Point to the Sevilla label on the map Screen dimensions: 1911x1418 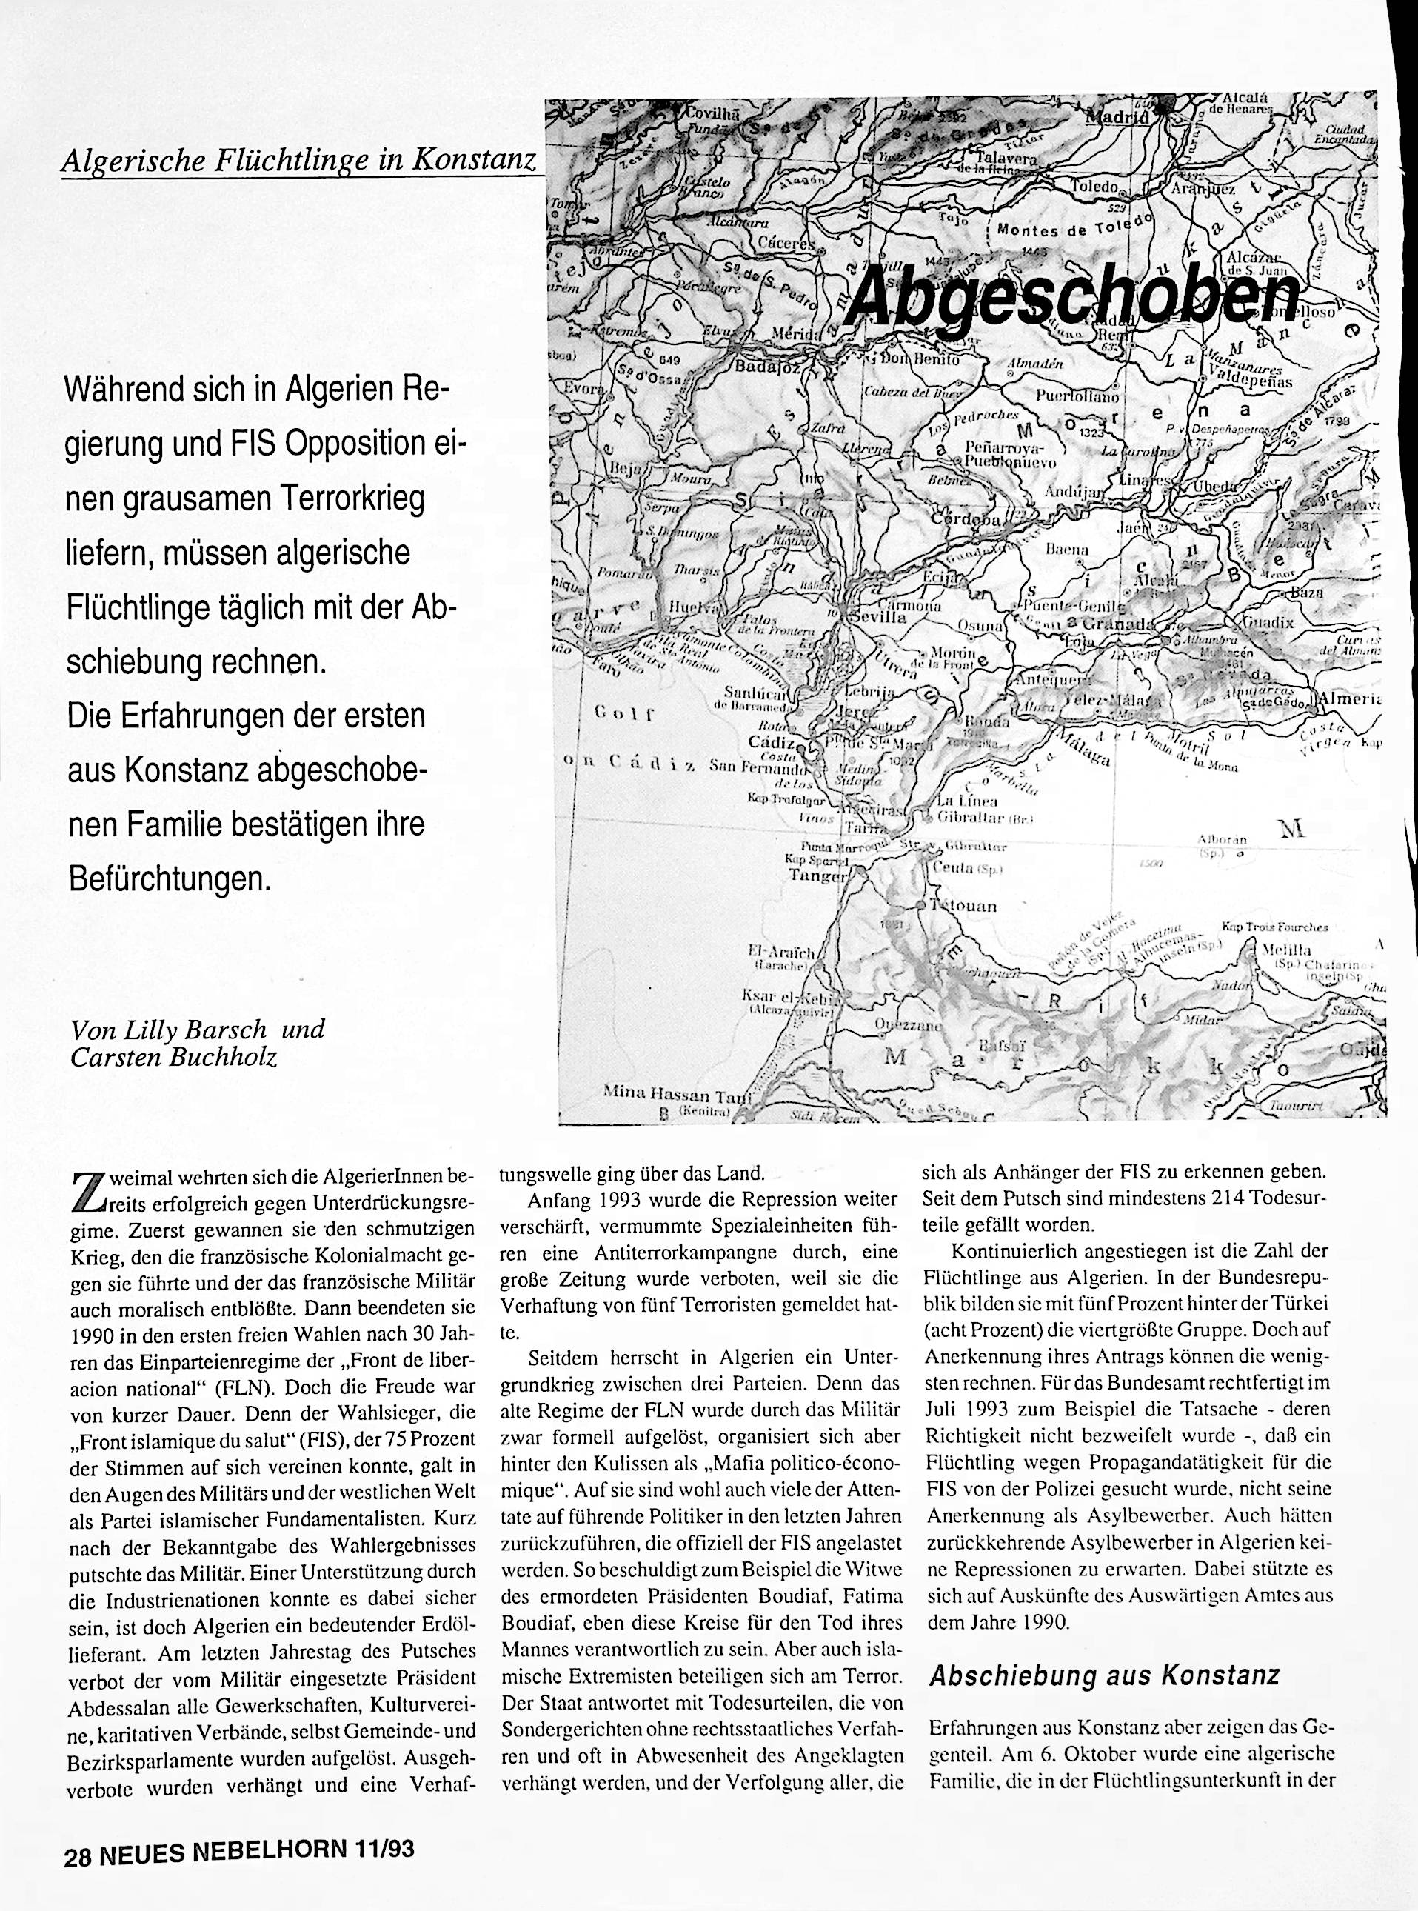pos(878,616)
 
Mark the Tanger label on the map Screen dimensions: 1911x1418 pos(820,875)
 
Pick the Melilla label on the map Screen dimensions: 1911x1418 pos(1287,950)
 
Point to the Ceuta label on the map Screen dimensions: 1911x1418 pos(955,868)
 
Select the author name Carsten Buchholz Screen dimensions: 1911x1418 pos(174,1057)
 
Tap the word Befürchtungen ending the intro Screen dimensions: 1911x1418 pos(169,879)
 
